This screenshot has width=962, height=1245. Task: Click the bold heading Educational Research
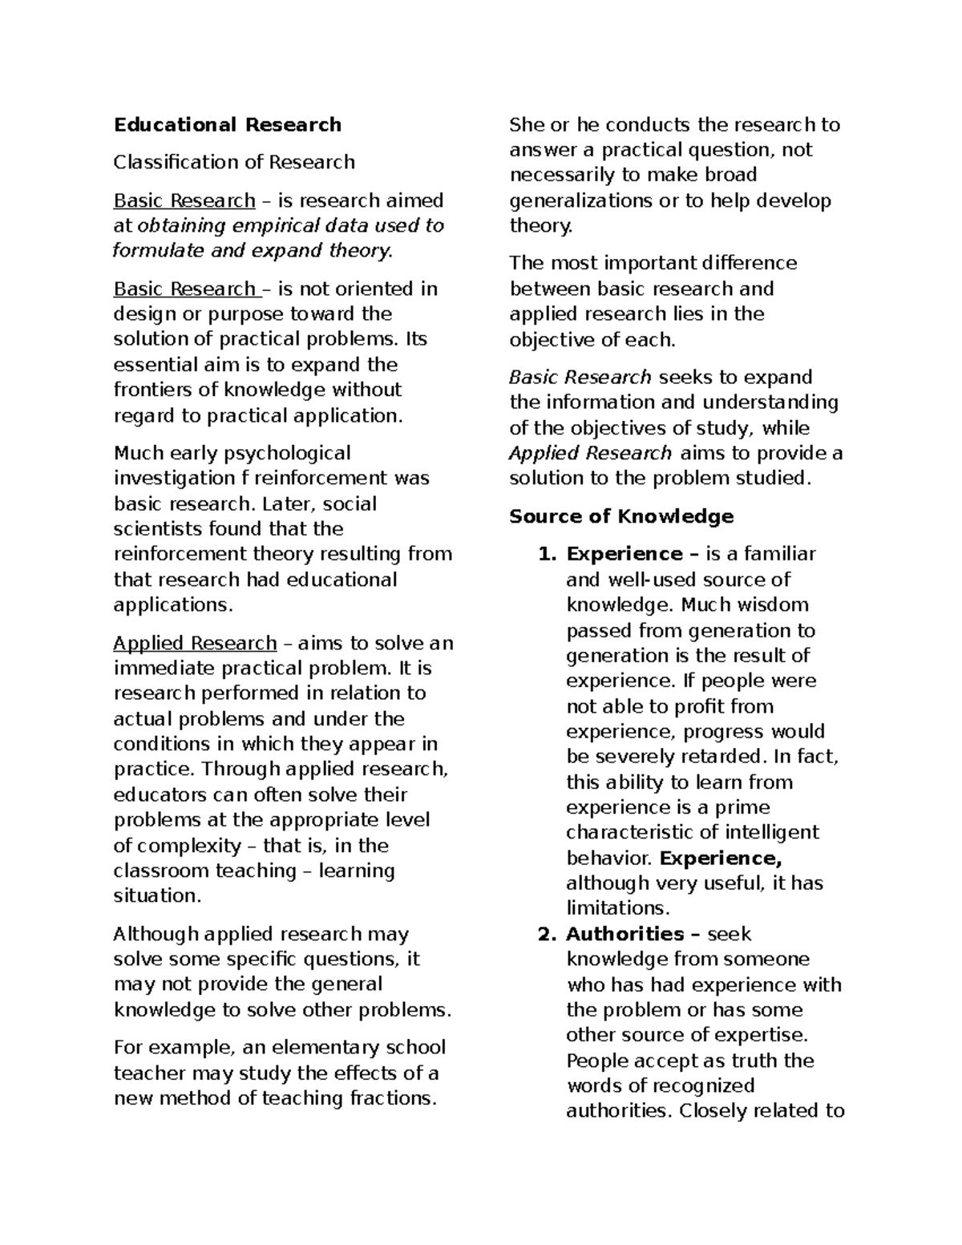pos(228,125)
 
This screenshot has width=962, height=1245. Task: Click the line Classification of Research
pos(234,163)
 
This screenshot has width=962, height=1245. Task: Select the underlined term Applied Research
pos(195,644)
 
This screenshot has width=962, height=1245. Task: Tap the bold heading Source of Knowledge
pos(621,516)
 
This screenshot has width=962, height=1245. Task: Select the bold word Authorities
pos(624,934)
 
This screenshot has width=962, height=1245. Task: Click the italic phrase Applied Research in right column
pos(590,454)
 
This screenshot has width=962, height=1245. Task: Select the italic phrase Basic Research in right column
pos(580,378)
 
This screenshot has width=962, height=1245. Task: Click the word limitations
pos(616,908)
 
